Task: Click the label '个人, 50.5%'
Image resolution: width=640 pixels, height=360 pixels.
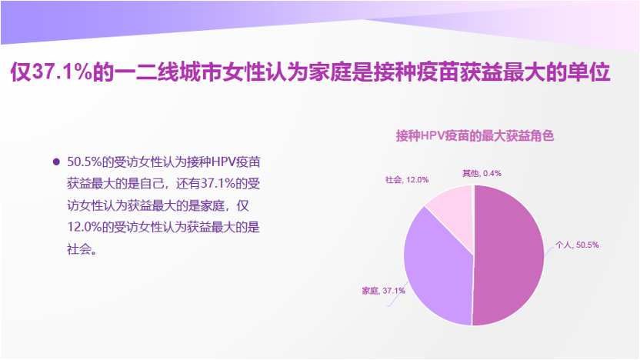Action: (577, 245)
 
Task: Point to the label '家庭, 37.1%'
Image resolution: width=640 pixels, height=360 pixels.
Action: (383, 291)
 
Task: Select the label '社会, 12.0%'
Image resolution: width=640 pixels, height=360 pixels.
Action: (407, 179)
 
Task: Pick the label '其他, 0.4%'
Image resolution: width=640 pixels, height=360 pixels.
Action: (482, 174)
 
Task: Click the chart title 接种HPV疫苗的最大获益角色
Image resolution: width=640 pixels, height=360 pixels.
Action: (475, 136)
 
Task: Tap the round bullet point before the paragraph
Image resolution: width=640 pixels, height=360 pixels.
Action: (56, 162)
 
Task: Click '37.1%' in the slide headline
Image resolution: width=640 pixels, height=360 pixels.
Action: (62, 72)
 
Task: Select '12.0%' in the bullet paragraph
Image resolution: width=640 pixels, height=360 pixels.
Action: (84, 227)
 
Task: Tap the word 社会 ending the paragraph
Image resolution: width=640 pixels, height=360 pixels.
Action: (78, 248)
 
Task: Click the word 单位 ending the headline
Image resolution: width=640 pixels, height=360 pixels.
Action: (588, 72)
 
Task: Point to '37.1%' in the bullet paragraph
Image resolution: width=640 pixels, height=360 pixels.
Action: (218, 184)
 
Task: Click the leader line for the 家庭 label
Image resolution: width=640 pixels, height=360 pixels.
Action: (398, 294)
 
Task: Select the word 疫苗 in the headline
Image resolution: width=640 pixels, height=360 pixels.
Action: (438, 72)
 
